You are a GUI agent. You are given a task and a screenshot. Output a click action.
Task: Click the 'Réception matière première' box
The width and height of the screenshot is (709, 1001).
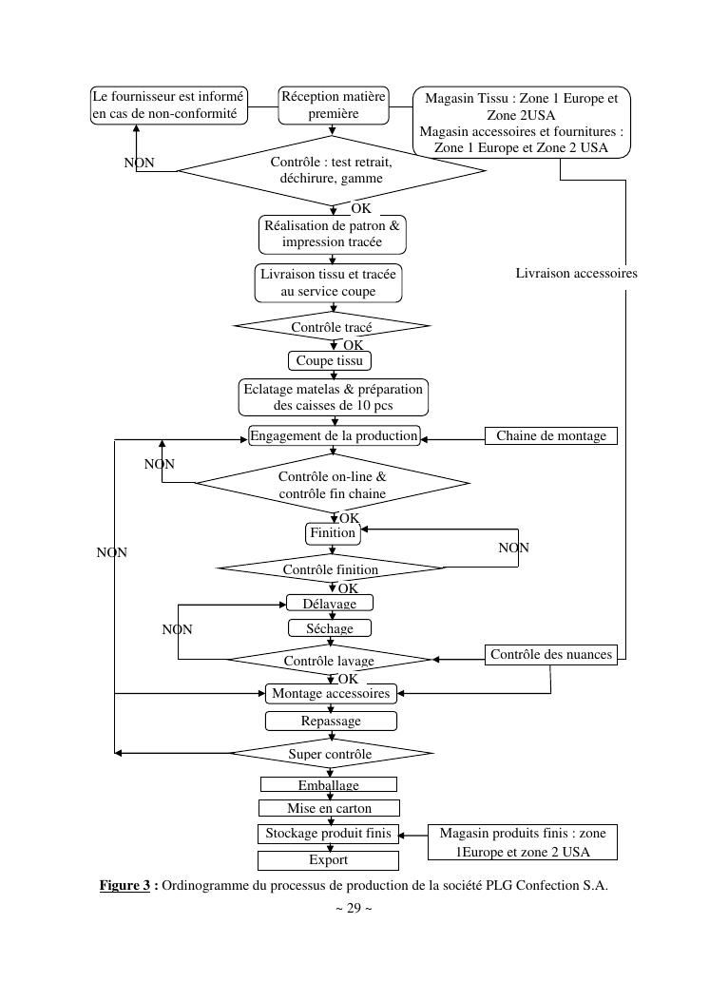[x=334, y=105]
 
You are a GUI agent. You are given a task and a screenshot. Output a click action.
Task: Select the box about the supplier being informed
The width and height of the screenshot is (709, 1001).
[x=168, y=105]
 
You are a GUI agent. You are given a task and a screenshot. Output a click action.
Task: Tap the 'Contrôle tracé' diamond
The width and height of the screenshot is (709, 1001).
[x=332, y=327]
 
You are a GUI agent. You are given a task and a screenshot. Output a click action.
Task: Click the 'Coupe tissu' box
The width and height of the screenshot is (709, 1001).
[x=329, y=361]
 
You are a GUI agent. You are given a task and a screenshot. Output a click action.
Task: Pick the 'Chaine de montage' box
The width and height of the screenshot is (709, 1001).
[x=551, y=436]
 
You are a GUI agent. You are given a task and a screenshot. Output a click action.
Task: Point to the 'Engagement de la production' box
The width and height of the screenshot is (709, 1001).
[x=334, y=436]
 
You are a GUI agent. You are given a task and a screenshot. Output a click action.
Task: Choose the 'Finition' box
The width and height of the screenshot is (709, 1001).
[x=333, y=533]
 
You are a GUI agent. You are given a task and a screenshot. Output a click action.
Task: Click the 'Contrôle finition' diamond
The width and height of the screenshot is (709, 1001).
[x=331, y=569]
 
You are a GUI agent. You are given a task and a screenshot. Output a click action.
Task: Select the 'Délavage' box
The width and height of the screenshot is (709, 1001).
[x=330, y=604]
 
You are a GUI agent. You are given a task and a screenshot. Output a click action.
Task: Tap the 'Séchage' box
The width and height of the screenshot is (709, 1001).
[x=330, y=628]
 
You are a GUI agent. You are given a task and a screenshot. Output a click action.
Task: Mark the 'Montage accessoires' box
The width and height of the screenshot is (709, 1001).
[x=331, y=694]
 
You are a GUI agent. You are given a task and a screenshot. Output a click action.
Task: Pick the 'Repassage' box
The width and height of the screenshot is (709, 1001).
[x=331, y=721]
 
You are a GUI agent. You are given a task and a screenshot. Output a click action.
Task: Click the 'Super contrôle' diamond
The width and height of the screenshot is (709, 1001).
[x=331, y=754]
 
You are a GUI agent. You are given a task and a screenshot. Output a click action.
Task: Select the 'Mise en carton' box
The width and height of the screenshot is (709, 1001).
[x=329, y=808]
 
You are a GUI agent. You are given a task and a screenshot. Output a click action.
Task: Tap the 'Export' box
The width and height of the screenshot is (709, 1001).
[x=329, y=859]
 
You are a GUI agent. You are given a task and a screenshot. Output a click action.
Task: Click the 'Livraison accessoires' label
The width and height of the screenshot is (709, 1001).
[x=576, y=273]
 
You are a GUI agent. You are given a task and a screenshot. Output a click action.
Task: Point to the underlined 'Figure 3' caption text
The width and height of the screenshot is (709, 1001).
[x=125, y=885]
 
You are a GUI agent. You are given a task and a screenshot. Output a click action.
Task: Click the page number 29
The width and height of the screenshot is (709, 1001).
[x=354, y=908]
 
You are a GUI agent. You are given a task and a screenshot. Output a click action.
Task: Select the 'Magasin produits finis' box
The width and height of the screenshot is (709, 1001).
[x=522, y=841]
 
